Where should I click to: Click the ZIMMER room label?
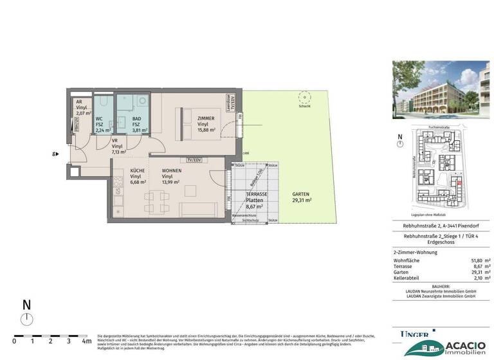click(206, 119)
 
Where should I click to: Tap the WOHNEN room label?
click(170, 171)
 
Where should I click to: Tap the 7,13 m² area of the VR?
click(119, 153)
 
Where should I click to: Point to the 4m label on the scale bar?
click(86, 341)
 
